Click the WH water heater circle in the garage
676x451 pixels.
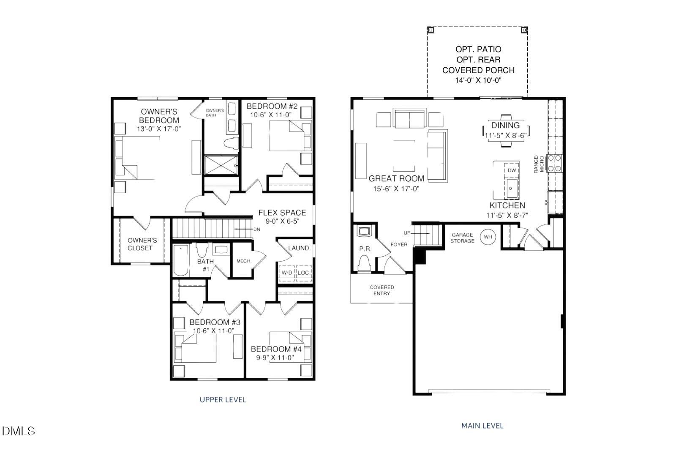[488, 237]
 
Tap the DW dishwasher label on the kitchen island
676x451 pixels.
[512, 170]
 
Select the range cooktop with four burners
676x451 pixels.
[555, 163]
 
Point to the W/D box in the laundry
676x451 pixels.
[287, 273]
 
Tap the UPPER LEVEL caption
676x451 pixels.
[223, 399]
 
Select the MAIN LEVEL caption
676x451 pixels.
[482, 426]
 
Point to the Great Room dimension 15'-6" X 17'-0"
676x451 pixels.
[396, 189]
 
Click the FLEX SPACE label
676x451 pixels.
[282, 213]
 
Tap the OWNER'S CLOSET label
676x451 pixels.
[142, 244]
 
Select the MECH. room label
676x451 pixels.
[244, 261]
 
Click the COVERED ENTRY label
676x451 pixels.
[382, 290]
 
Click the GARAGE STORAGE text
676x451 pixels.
[462, 238]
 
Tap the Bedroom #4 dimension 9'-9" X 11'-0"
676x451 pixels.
[276, 358]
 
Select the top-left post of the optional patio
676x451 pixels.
[431, 30]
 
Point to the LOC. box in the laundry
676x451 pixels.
[303, 273]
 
